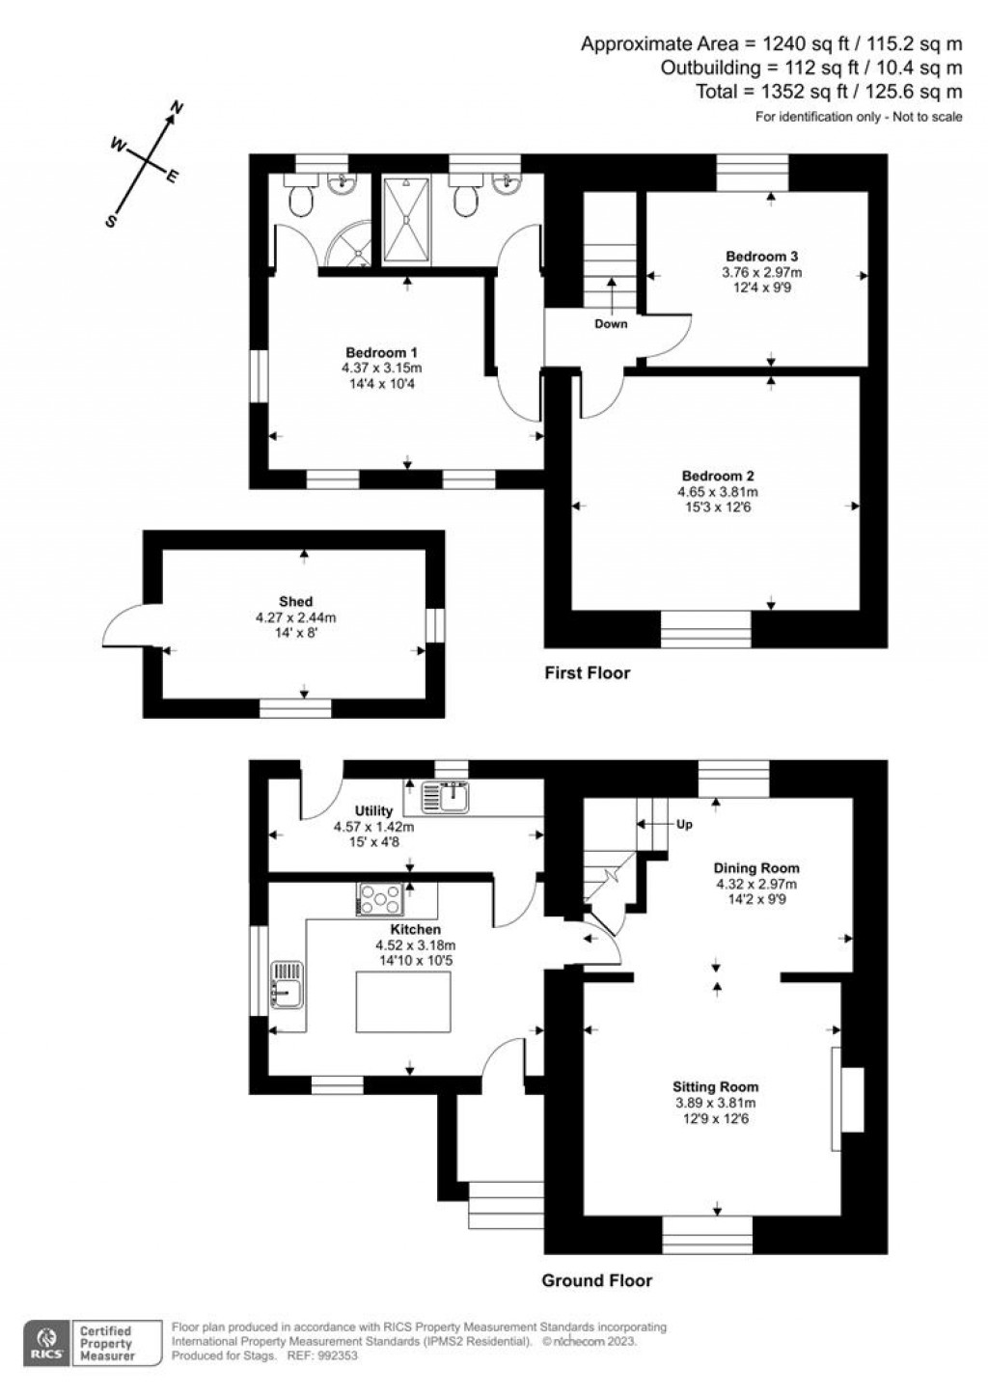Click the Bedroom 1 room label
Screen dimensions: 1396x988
[381, 352]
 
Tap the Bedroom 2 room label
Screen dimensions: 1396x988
[717, 476]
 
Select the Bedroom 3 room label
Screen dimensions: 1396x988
[761, 257]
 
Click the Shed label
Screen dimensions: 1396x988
[295, 601]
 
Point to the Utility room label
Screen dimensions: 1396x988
[373, 810]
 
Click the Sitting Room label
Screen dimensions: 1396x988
[716, 1086]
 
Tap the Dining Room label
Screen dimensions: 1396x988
[756, 867]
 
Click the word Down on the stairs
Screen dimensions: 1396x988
[611, 324]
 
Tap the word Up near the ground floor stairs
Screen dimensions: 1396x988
[684, 825]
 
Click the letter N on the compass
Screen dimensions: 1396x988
[177, 108]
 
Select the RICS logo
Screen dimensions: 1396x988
[45, 1342]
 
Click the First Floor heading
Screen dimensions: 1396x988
[587, 672]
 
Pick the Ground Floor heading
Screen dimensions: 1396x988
[596, 1280]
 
